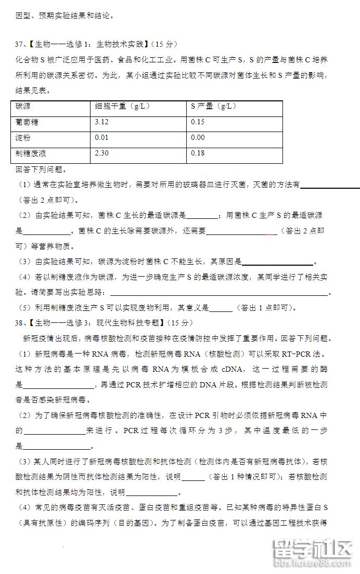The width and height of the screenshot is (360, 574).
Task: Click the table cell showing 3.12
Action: [x=102, y=122]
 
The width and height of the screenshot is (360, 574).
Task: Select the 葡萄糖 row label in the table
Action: [x=27, y=122]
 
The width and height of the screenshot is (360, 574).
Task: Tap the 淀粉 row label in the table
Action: [x=23, y=138]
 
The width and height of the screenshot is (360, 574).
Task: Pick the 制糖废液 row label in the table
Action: [x=31, y=153]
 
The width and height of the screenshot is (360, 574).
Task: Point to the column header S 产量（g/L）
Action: [x=213, y=107]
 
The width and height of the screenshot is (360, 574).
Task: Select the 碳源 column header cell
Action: [x=23, y=107]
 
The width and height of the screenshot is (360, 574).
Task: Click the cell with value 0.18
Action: [x=198, y=153]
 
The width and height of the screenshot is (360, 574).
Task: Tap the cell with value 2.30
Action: [x=102, y=153]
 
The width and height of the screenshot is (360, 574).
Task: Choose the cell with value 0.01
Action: [x=102, y=138]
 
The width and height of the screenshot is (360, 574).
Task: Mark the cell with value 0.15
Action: [x=198, y=122]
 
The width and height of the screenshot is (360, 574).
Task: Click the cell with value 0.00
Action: [x=198, y=138]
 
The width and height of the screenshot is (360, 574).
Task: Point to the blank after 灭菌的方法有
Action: [x=330, y=185]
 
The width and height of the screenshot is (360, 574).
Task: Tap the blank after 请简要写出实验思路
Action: [x=218, y=293]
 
